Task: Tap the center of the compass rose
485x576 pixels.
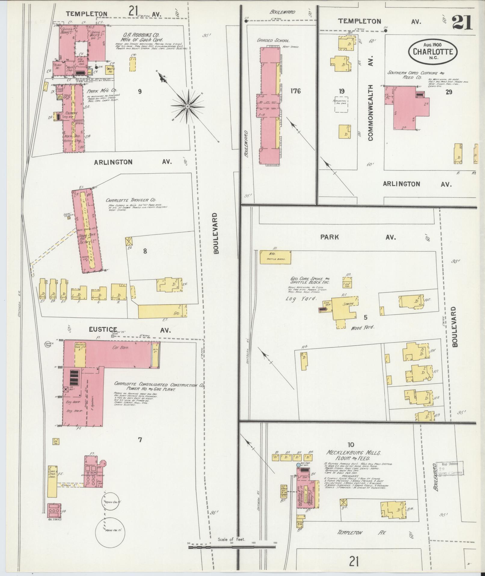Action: (187, 106)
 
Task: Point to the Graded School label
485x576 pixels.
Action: (273, 40)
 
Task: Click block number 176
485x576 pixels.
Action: (295, 91)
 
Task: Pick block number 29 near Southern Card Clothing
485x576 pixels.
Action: (449, 92)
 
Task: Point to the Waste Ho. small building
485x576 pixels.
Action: (110, 71)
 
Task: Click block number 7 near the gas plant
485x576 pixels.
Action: (140, 440)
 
